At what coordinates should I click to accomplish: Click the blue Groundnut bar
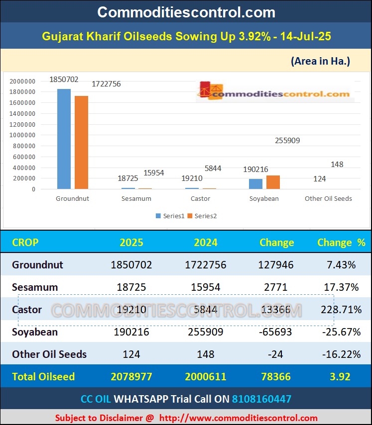coord(64,139)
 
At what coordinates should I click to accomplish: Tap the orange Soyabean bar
coord(273,182)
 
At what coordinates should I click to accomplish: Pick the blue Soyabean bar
coord(255,184)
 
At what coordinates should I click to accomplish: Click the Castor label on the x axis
coord(200,199)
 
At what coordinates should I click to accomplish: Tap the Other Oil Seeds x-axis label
coord(328,199)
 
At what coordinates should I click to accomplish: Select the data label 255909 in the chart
coord(287,141)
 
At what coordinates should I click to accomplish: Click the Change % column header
coord(341,243)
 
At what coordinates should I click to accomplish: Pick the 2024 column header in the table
coord(206,243)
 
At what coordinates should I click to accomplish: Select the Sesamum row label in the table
coord(35,287)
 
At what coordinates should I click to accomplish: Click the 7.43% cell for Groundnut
coord(341,265)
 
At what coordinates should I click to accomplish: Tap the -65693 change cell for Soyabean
coord(276,332)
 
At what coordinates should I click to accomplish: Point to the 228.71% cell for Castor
coord(341,310)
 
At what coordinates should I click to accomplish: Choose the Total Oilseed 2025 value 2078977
coord(131,377)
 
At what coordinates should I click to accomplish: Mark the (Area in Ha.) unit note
coord(320,61)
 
